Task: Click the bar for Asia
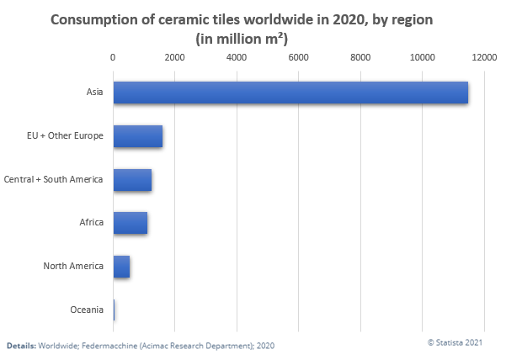click(x=290, y=93)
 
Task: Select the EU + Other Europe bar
click(x=138, y=136)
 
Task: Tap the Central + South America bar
click(x=132, y=180)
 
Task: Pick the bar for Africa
click(x=130, y=223)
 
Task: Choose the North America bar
click(x=121, y=267)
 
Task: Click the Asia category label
click(x=94, y=93)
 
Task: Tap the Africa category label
click(x=91, y=223)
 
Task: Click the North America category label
click(x=73, y=267)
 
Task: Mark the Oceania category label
click(x=87, y=310)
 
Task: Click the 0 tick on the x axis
click(x=113, y=57)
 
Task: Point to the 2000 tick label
click(x=174, y=57)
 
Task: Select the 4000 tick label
click(x=237, y=57)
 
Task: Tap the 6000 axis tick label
click(x=298, y=57)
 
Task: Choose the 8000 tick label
click(x=360, y=57)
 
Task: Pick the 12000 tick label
click(x=484, y=57)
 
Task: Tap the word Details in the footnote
click(x=21, y=346)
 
